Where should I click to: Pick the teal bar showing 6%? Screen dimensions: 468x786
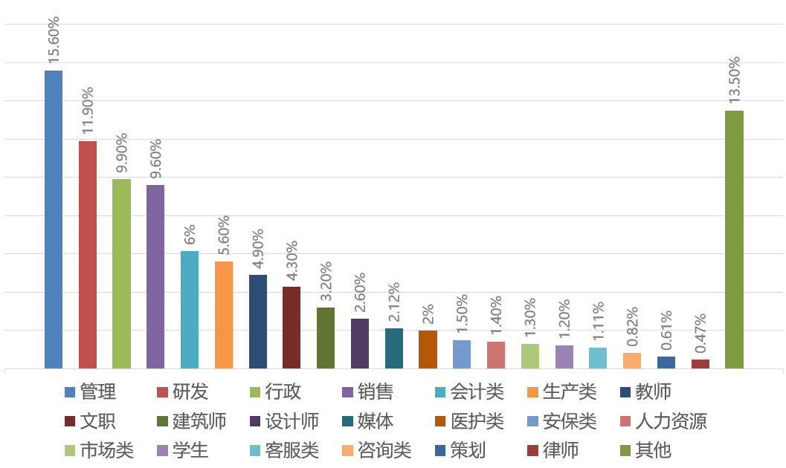190,309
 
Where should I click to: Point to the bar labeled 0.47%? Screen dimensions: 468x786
700,363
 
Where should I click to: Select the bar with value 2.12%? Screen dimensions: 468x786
394,348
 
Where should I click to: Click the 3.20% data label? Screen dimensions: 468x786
326,283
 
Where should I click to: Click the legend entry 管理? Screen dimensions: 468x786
97,391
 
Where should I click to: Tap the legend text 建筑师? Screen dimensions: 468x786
199,421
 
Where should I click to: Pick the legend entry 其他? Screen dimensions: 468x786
654,449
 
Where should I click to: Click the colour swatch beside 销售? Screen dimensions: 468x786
347,392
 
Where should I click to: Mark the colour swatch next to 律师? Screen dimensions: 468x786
531,450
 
